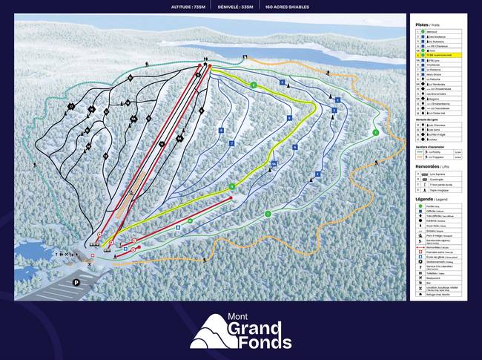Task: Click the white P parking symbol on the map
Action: coord(76,282)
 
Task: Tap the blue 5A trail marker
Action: coord(274,163)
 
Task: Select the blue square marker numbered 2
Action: coord(317,174)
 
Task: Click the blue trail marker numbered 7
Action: coord(231,143)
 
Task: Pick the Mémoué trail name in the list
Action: coord(433,32)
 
